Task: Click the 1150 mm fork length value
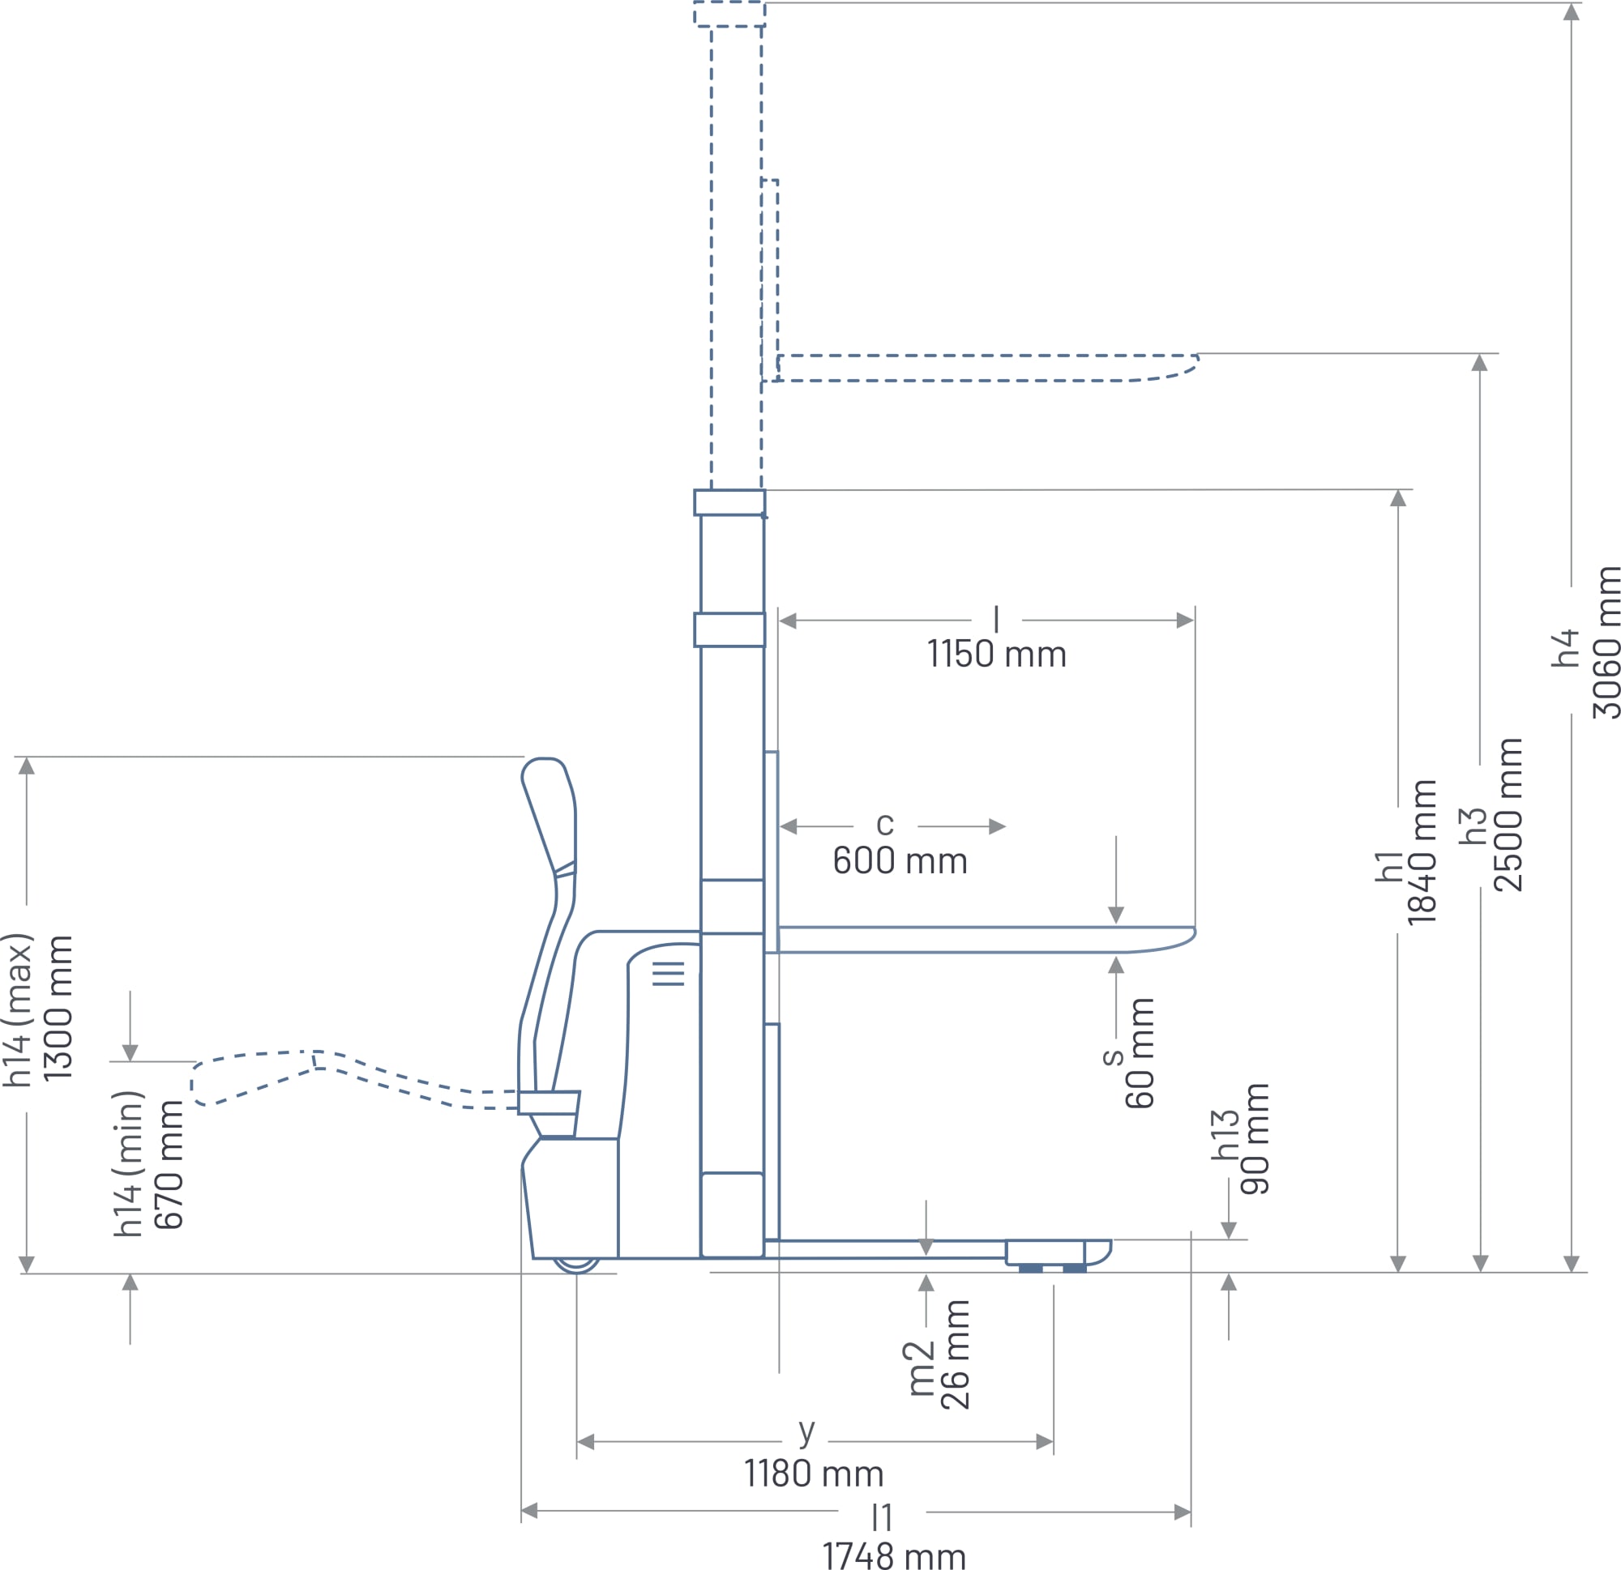click(997, 654)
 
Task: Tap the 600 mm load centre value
click(900, 860)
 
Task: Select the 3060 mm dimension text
click(1606, 642)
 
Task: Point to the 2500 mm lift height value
click(1508, 815)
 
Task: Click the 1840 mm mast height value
click(1422, 851)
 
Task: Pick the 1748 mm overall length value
click(894, 1556)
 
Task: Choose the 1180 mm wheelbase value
click(814, 1474)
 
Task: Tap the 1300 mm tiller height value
click(58, 1008)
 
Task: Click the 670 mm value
click(169, 1164)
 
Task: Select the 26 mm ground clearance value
click(956, 1354)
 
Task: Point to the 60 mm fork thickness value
click(1139, 1052)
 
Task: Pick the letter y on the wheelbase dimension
click(807, 1431)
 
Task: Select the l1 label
click(882, 1517)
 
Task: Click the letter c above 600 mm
click(885, 823)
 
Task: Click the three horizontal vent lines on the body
click(668, 973)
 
